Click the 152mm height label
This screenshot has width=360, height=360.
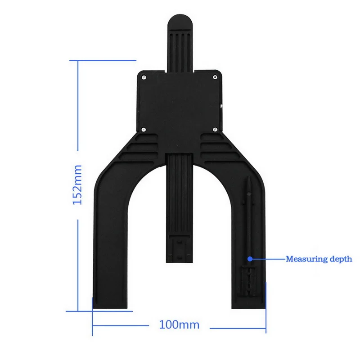[x=77, y=185]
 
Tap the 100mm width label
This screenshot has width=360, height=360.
[x=179, y=324]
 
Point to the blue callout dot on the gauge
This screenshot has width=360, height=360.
[x=250, y=259]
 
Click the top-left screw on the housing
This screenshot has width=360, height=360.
[x=143, y=77]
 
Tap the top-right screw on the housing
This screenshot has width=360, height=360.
[x=215, y=77]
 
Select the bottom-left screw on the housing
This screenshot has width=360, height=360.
[x=143, y=129]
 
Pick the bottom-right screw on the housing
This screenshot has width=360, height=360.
[x=215, y=129]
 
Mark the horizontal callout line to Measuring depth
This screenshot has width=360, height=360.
[x=268, y=259]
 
